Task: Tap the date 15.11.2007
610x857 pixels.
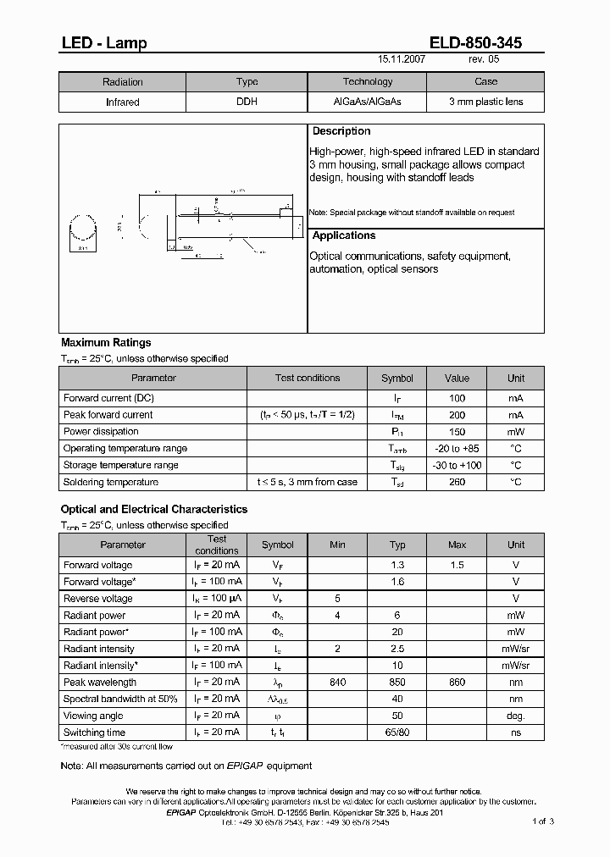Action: (x=402, y=61)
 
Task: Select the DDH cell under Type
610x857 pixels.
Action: (x=247, y=102)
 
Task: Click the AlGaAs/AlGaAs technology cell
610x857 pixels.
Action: (x=368, y=102)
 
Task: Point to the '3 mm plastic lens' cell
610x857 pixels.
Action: (x=485, y=102)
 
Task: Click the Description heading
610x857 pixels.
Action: (x=341, y=131)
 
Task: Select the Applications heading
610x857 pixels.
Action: (x=344, y=235)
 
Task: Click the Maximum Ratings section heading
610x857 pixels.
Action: (x=106, y=343)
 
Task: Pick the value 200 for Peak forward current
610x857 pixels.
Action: (x=457, y=415)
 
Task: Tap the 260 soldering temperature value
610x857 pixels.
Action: (x=457, y=482)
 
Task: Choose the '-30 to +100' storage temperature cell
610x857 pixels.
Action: (x=457, y=465)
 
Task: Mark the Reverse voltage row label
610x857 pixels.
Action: (x=98, y=599)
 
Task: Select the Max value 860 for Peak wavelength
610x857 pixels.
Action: (x=457, y=682)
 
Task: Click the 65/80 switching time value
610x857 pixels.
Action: (x=397, y=733)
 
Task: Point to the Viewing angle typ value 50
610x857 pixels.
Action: (x=397, y=716)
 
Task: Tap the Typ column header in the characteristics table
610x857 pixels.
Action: (x=397, y=545)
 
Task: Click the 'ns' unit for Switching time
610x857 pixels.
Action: (x=516, y=733)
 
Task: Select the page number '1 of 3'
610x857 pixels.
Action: (x=542, y=821)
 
